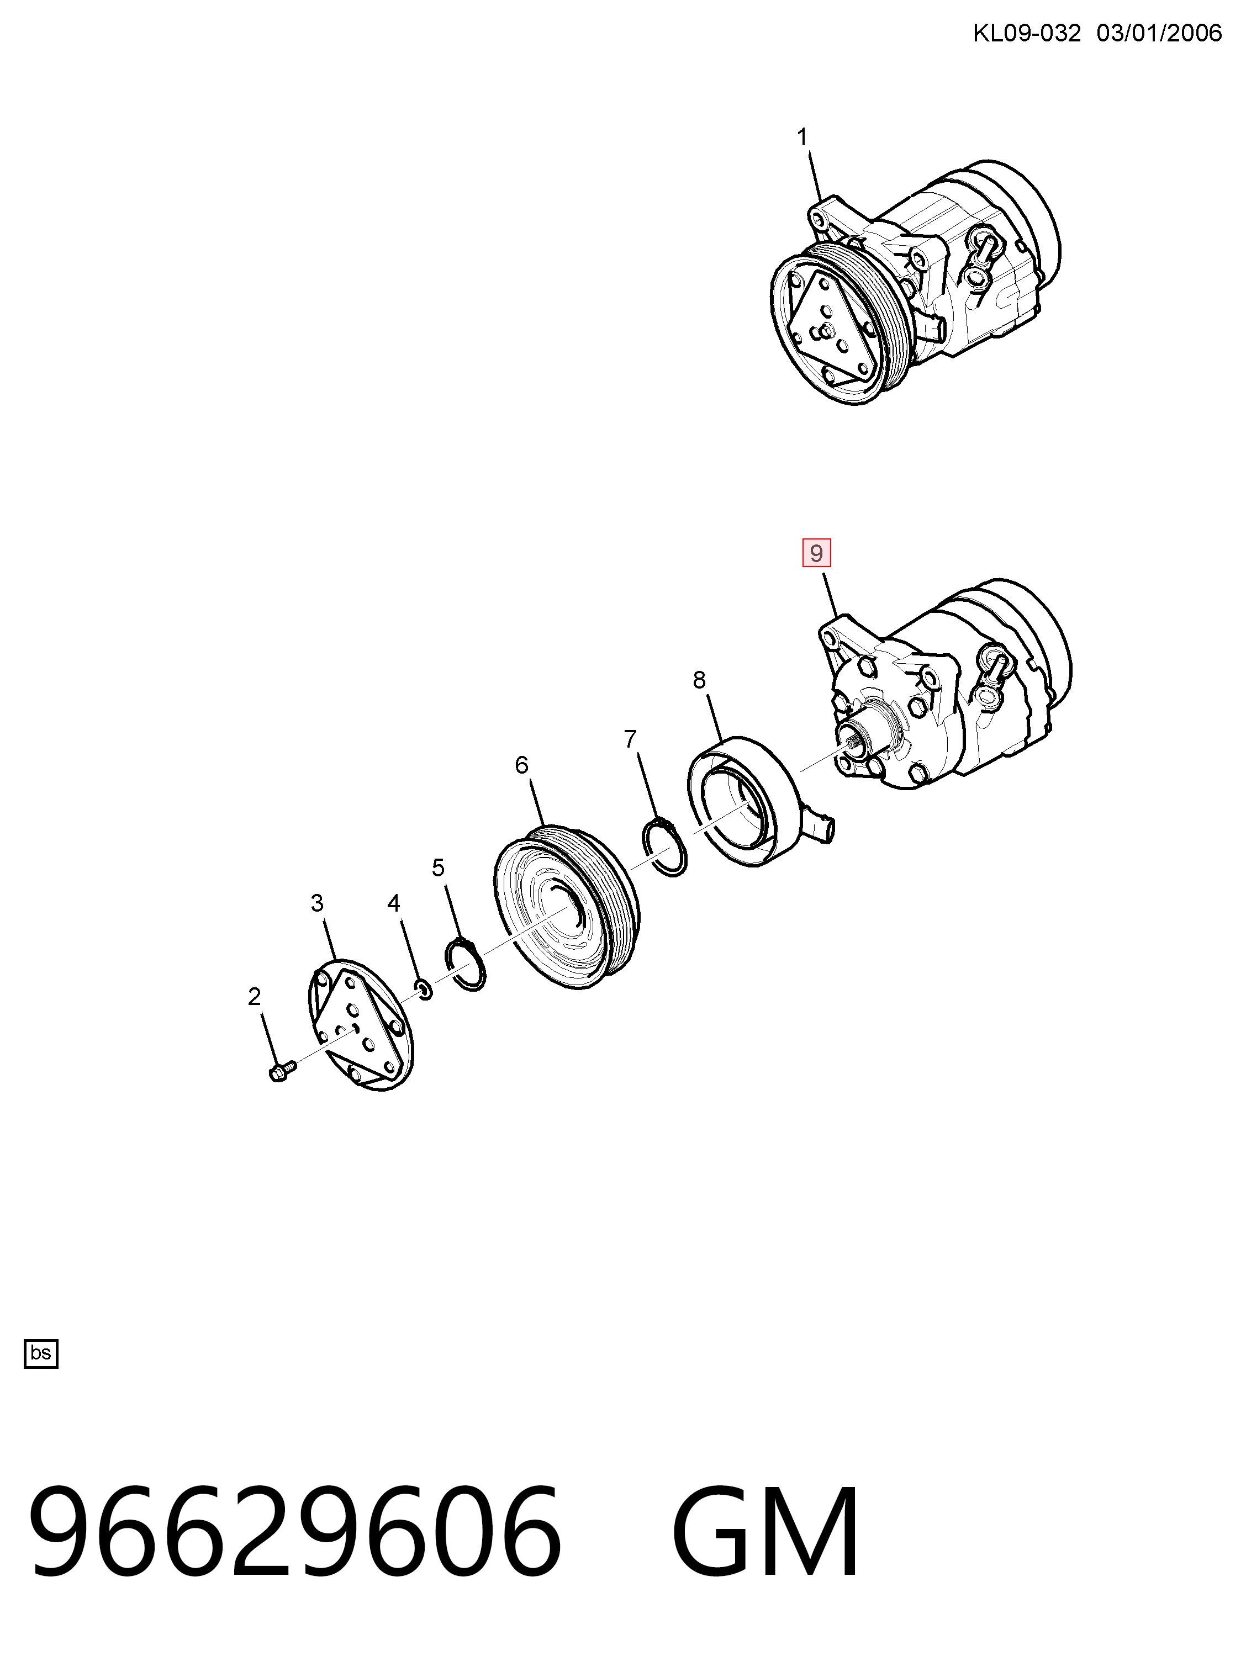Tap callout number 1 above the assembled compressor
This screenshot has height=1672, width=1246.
tap(802, 137)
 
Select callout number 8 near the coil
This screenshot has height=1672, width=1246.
tap(699, 680)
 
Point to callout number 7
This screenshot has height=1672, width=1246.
tap(631, 739)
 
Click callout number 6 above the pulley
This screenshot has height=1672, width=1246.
tap(522, 765)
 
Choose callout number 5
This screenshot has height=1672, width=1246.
tap(438, 868)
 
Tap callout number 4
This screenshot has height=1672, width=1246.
tap(394, 903)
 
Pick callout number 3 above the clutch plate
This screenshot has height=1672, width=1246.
tap(317, 903)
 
